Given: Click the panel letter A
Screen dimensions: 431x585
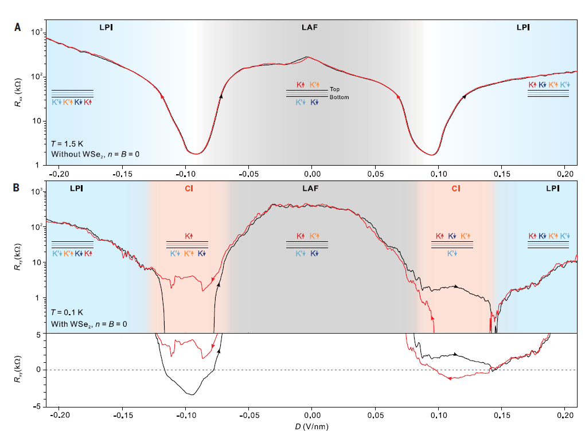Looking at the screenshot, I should pyautogui.click(x=18, y=27).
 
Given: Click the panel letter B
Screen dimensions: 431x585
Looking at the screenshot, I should pyautogui.click(x=18, y=187).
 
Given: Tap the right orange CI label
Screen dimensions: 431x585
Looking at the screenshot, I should pyautogui.click(x=455, y=187).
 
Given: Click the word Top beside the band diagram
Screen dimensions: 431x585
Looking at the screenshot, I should pyautogui.click(x=335, y=90).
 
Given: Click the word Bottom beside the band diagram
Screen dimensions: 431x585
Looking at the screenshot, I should pyautogui.click(x=339, y=97).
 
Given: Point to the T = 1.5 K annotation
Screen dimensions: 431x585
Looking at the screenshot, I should pyautogui.click(x=68, y=144).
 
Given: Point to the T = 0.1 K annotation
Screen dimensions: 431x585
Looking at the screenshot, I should pyautogui.click(x=68, y=312).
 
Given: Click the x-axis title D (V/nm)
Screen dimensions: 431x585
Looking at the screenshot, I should pyautogui.click(x=312, y=426).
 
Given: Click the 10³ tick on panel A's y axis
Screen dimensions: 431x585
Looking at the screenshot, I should pyautogui.click(x=36, y=33).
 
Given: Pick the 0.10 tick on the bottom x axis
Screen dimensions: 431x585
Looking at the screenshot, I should pyautogui.click(x=438, y=414).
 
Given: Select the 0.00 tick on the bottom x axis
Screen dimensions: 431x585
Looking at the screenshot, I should pyautogui.click(x=312, y=414).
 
